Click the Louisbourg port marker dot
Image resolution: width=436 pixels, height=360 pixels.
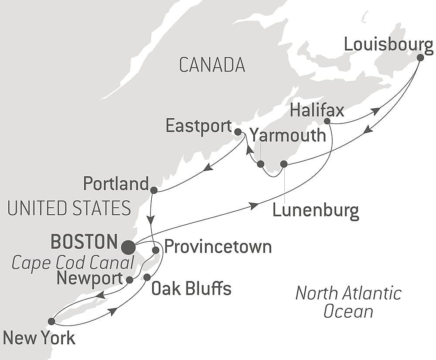click(420, 57)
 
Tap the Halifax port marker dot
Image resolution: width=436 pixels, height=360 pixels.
click(327, 121)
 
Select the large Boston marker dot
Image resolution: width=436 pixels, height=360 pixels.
click(128, 247)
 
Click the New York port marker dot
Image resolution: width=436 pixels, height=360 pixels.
click(51, 321)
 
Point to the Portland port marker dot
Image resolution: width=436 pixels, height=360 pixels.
click(153, 190)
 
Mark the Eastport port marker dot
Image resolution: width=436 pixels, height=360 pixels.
click(238, 131)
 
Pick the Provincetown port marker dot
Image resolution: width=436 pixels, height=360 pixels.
click(156, 250)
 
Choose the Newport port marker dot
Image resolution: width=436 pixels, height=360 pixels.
click(129, 280)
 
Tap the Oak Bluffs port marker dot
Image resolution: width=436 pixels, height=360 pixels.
click(147, 277)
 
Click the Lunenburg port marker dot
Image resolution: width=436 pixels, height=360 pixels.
click(284, 164)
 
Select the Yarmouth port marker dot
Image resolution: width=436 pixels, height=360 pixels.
click(261, 164)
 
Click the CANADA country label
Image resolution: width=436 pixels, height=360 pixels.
click(212, 65)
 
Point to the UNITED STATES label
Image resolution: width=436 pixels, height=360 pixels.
click(69, 208)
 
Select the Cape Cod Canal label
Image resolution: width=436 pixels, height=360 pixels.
click(72, 263)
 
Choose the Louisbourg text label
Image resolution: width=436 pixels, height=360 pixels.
click(388, 45)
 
